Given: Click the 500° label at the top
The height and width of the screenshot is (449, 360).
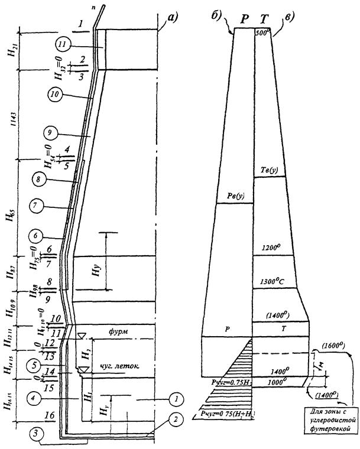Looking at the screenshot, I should click(x=262, y=34).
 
